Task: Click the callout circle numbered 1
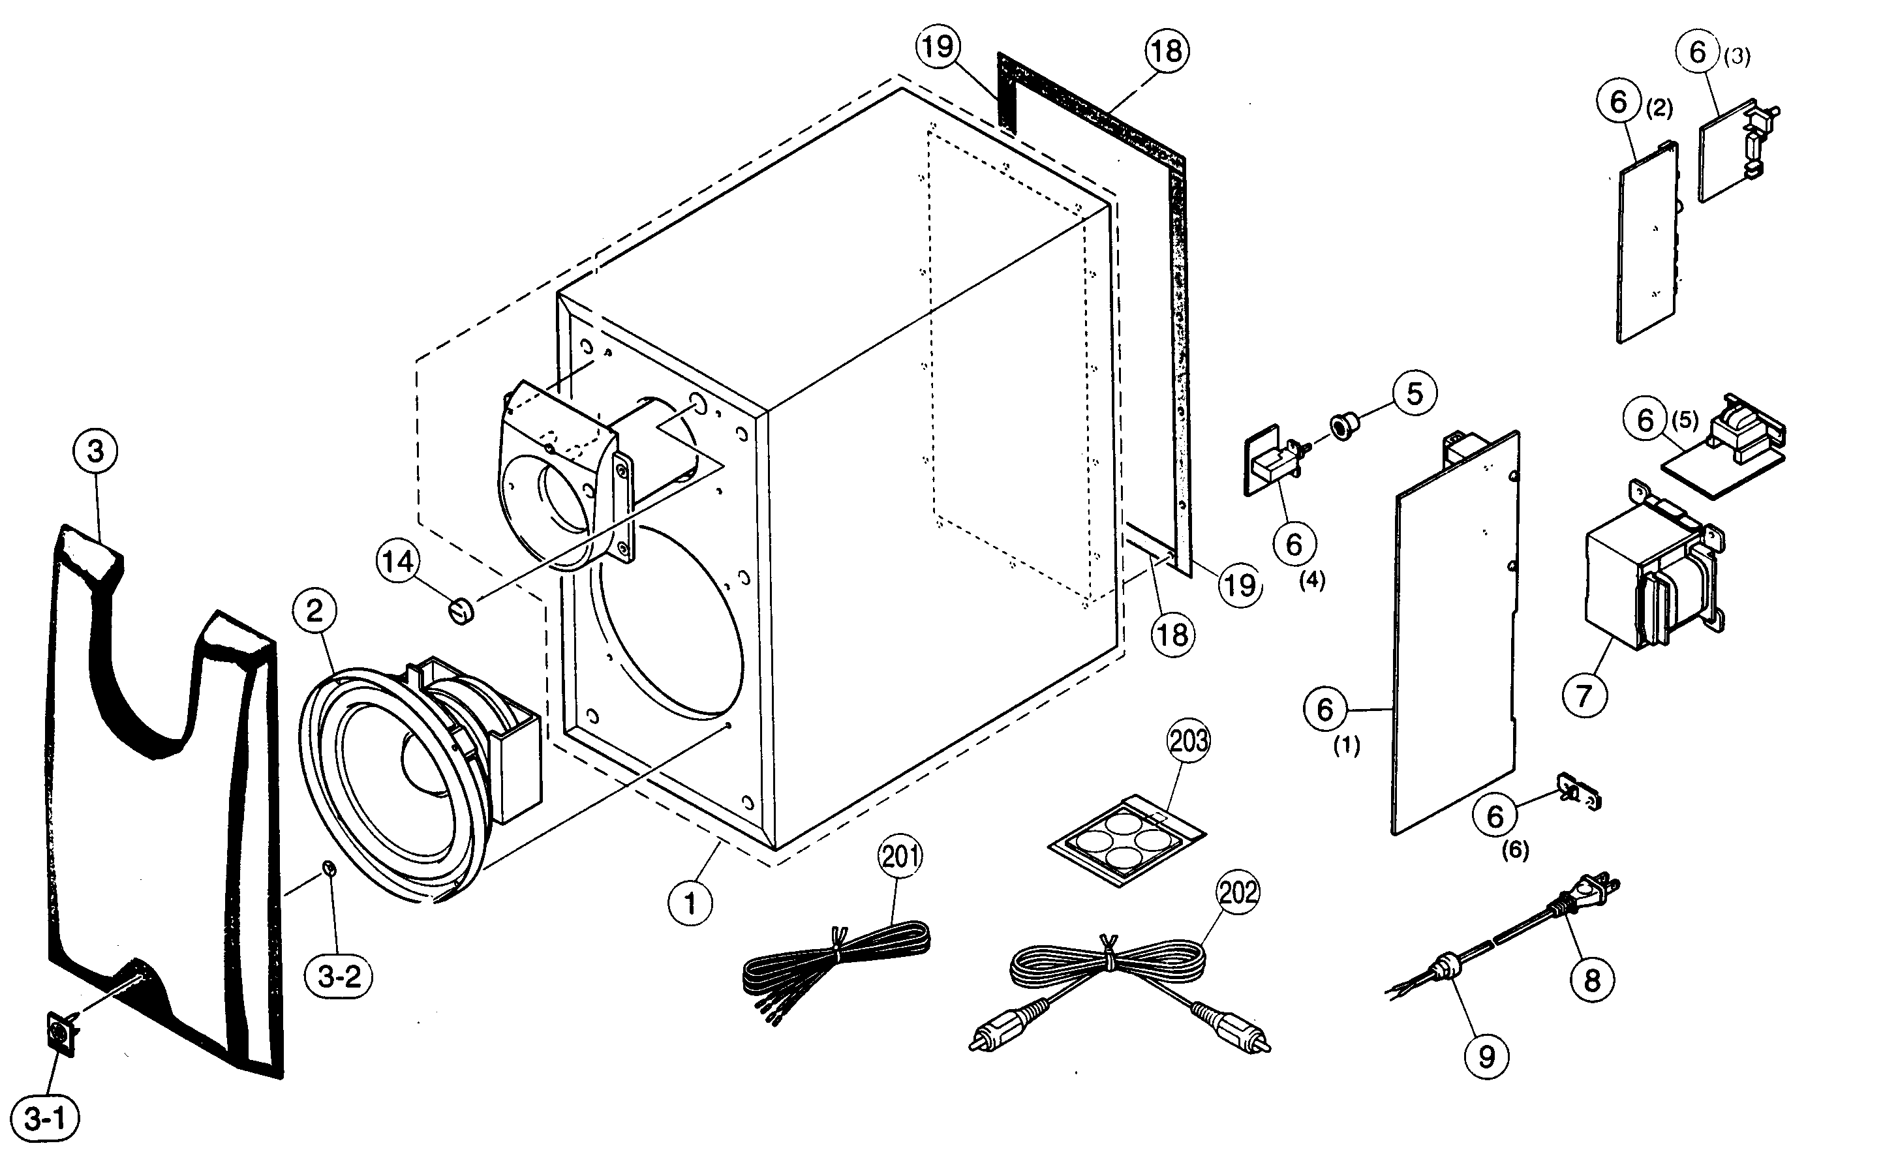pos(690,903)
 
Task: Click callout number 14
pos(398,562)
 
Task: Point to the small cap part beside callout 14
pos(461,613)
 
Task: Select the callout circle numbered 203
pos(1189,741)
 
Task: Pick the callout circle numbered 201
pos(900,856)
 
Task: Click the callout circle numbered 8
pos(1592,980)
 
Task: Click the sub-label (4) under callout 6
pos(1312,581)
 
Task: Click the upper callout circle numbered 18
pos(1166,51)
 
